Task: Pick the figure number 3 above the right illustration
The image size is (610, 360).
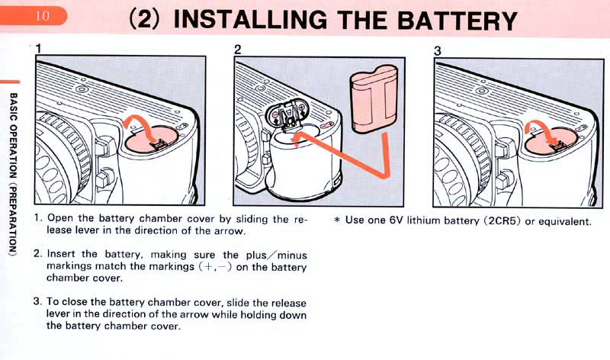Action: pyautogui.click(x=437, y=50)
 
